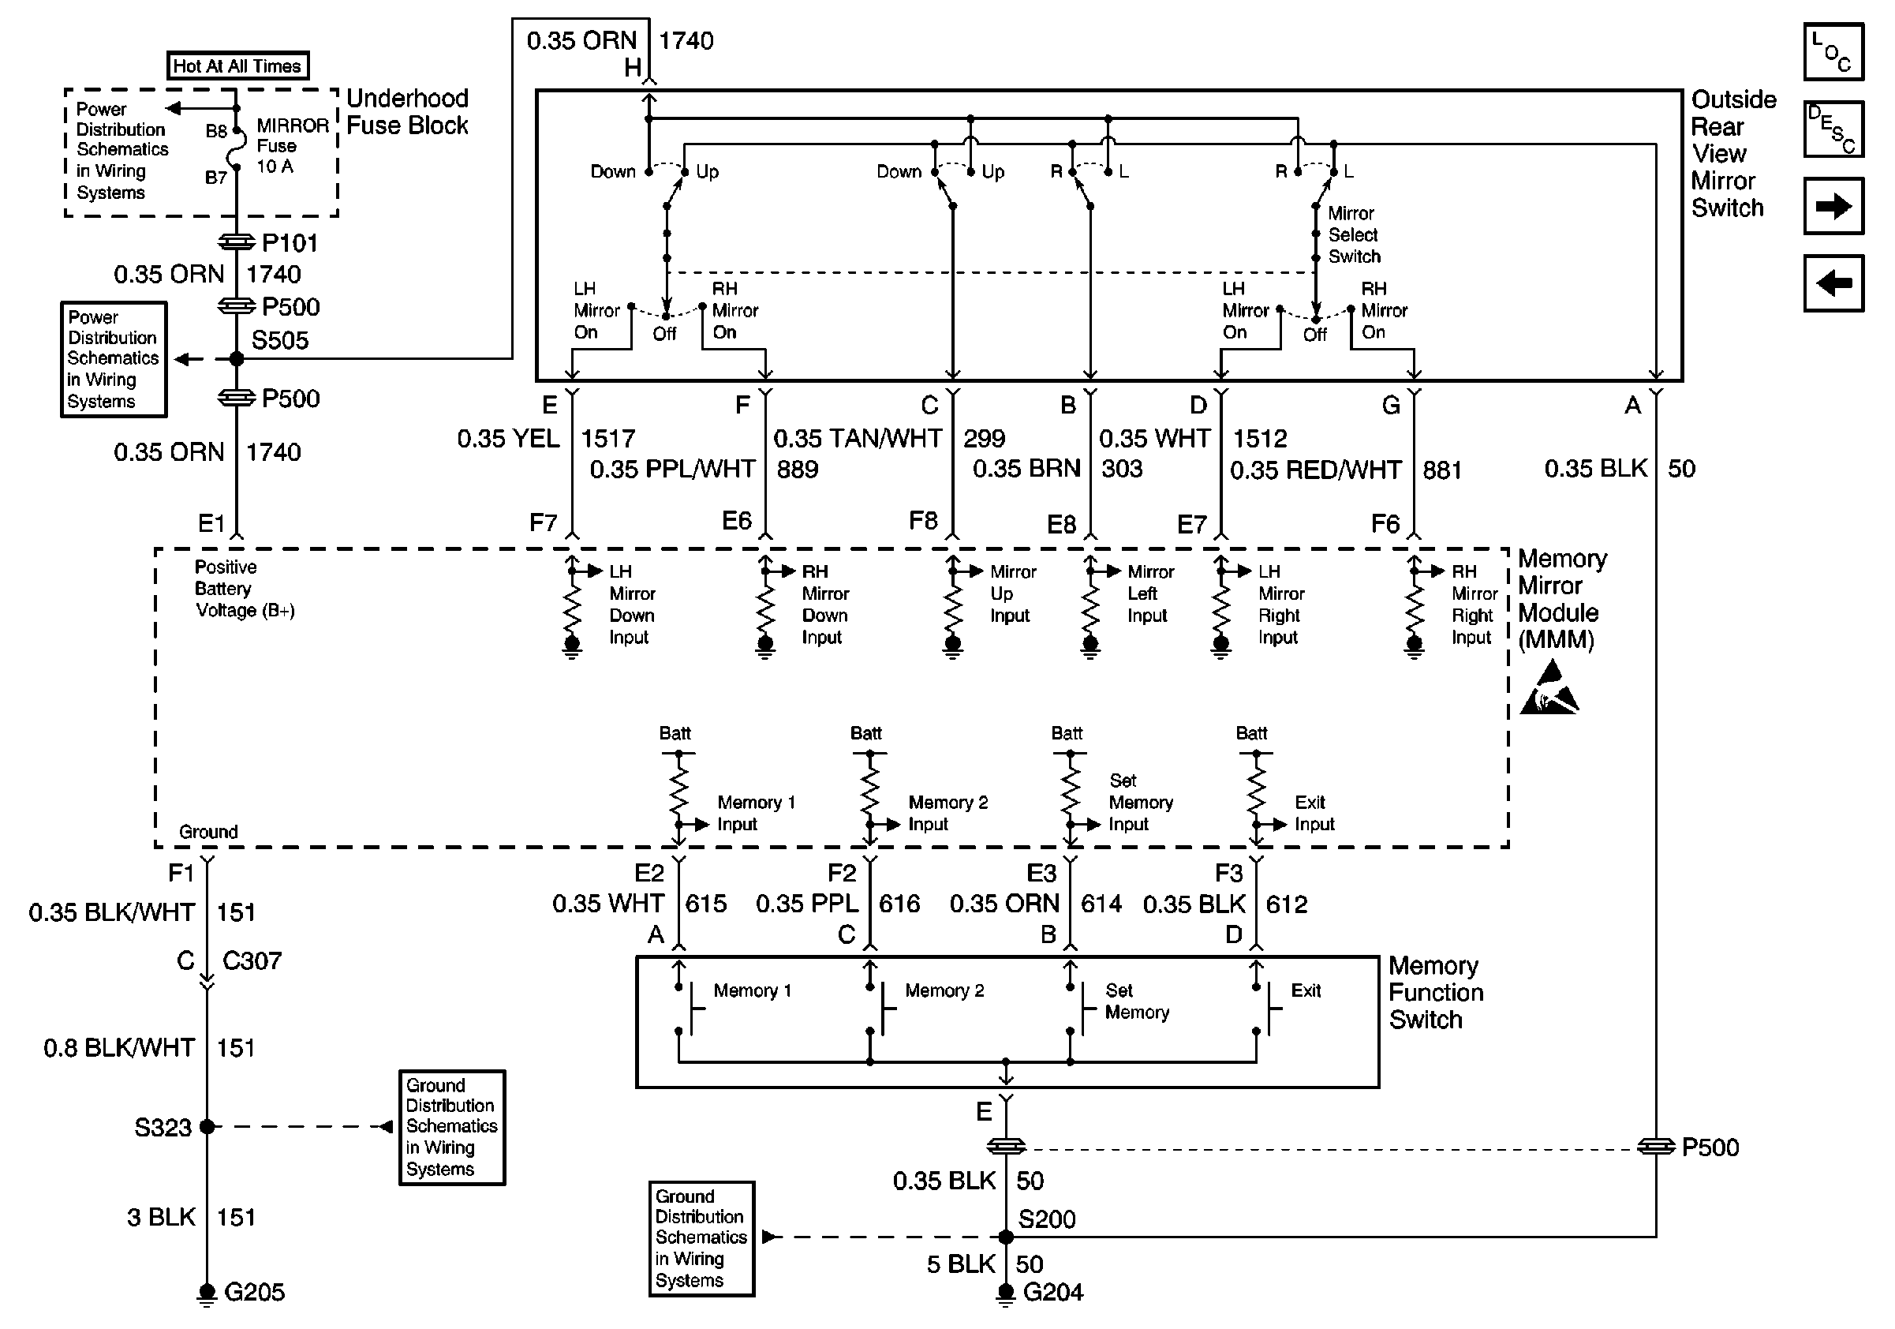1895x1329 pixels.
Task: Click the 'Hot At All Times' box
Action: [x=237, y=66]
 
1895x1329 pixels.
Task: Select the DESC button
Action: [x=1833, y=129]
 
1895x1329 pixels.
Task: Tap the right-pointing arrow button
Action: [x=1833, y=205]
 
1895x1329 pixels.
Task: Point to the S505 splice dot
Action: [x=237, y=359]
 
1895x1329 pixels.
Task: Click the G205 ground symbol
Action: [x=207, y=1294]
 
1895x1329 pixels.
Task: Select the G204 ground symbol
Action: [x=1005, y=1294]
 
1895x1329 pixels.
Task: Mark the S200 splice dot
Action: [x=1005, y=1237]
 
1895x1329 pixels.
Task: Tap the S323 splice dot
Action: [x=207, y=1126]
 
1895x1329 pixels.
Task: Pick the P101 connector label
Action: [x=290, y=244]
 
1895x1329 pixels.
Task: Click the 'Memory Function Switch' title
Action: [x=1436, y=992]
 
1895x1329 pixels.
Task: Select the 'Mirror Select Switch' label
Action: [x=1354, y=234]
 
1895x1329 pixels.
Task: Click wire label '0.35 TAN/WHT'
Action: [x=858, y=438]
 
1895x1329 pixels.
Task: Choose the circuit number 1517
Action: [x=608, y=438]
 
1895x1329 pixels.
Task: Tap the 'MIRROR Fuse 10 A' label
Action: [x=292, y=145]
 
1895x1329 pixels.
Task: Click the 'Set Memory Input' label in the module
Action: [x=1141, y=803]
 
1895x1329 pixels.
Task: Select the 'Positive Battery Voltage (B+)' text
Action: [x=245, y=589]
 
